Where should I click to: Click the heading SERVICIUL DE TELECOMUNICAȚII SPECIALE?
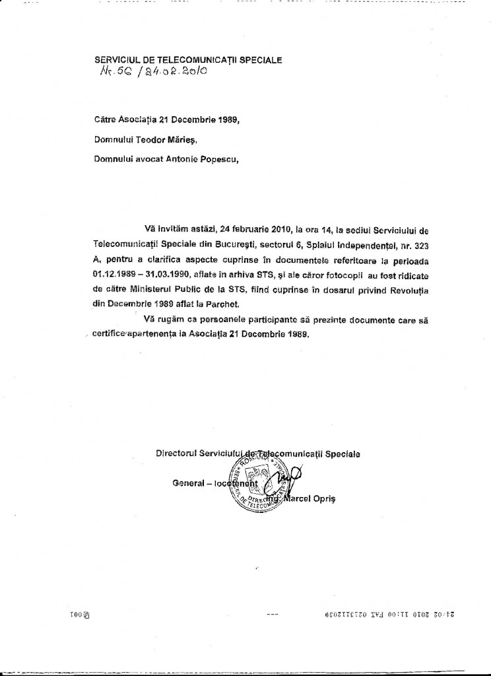coord(189,59)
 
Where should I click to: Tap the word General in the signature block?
coord(187,483)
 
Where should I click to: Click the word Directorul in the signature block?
coord(177,454)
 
